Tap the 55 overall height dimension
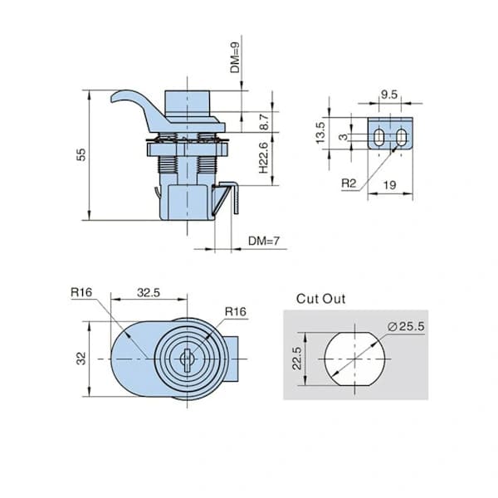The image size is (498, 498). tap(81, 154)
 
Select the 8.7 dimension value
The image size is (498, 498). tap(264, 122)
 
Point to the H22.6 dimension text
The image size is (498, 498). tap(264, 158)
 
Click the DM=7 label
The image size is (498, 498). tap(264, 241)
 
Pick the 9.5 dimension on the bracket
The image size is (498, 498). tap(389, 95)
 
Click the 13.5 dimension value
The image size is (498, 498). tap(320, 133)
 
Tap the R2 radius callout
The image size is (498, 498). tap(349, 183)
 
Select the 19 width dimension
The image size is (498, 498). tap(390, 185)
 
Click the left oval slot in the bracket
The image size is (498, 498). tap(378, 138)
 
